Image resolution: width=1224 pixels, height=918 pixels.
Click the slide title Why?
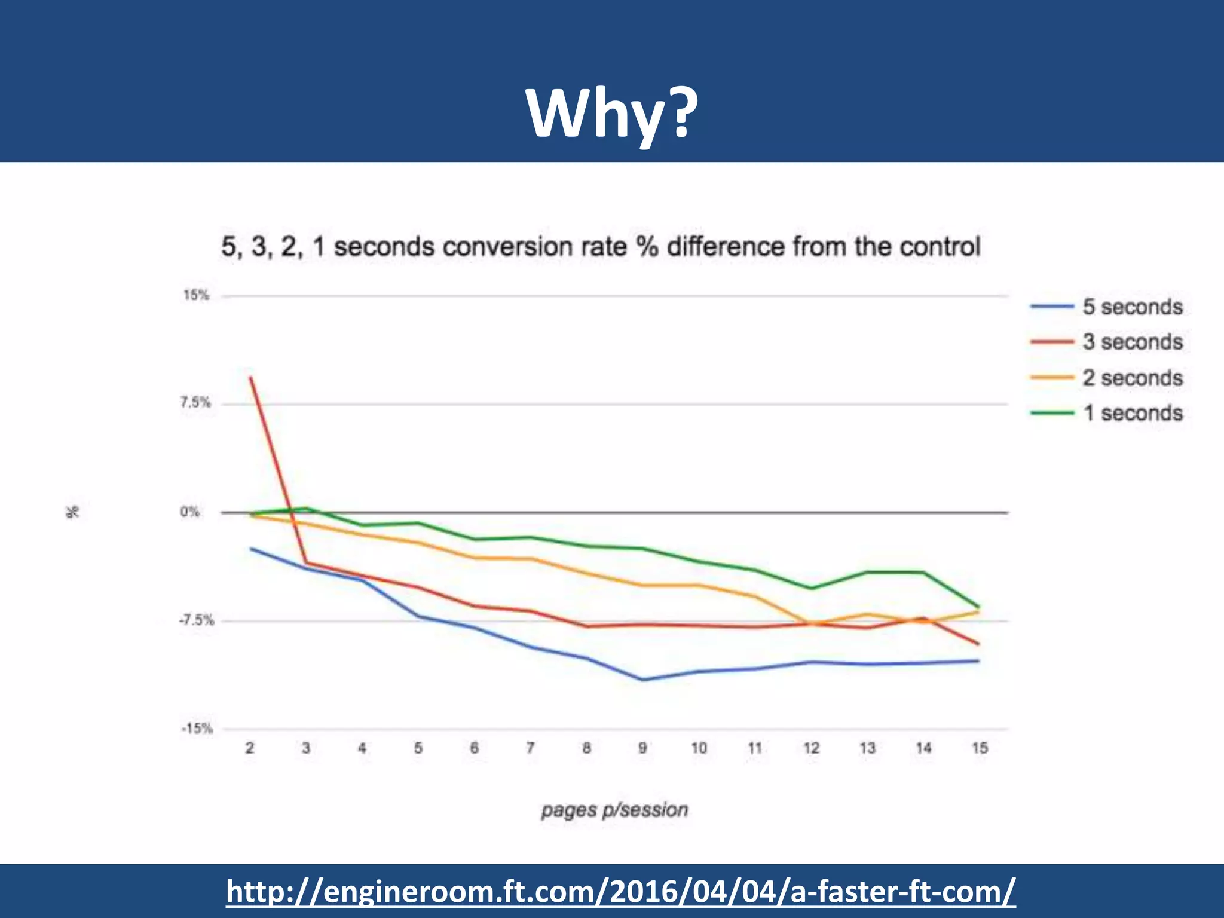(x=611, y=114)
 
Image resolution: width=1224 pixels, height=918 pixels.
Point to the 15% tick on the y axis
(x=196, y=295)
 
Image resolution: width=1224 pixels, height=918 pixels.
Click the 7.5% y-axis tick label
(x=195, y=403)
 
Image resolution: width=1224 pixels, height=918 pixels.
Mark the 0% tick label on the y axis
(x=190, y=512)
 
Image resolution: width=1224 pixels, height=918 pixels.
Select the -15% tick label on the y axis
(x=197, y=729)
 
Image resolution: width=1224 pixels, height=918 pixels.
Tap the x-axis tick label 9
(x=642, y=748)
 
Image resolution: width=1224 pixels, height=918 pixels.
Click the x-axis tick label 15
(x=979, y=748)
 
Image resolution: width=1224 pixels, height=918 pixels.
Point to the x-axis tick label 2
(x=250, y=748)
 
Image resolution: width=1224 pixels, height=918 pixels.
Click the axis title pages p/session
(x=614, y=810)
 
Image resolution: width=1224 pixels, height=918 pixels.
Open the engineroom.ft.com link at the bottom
(x=620, y=891)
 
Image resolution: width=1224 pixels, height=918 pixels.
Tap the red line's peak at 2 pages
(x=250, y=378)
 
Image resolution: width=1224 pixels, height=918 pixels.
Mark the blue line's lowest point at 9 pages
(x=643, y=680)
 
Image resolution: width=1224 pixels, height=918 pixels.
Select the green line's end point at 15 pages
(x=978, y=607)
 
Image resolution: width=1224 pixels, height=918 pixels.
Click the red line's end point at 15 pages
(x=978, y=644)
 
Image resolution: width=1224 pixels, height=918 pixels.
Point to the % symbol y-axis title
(x=72, y=512)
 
